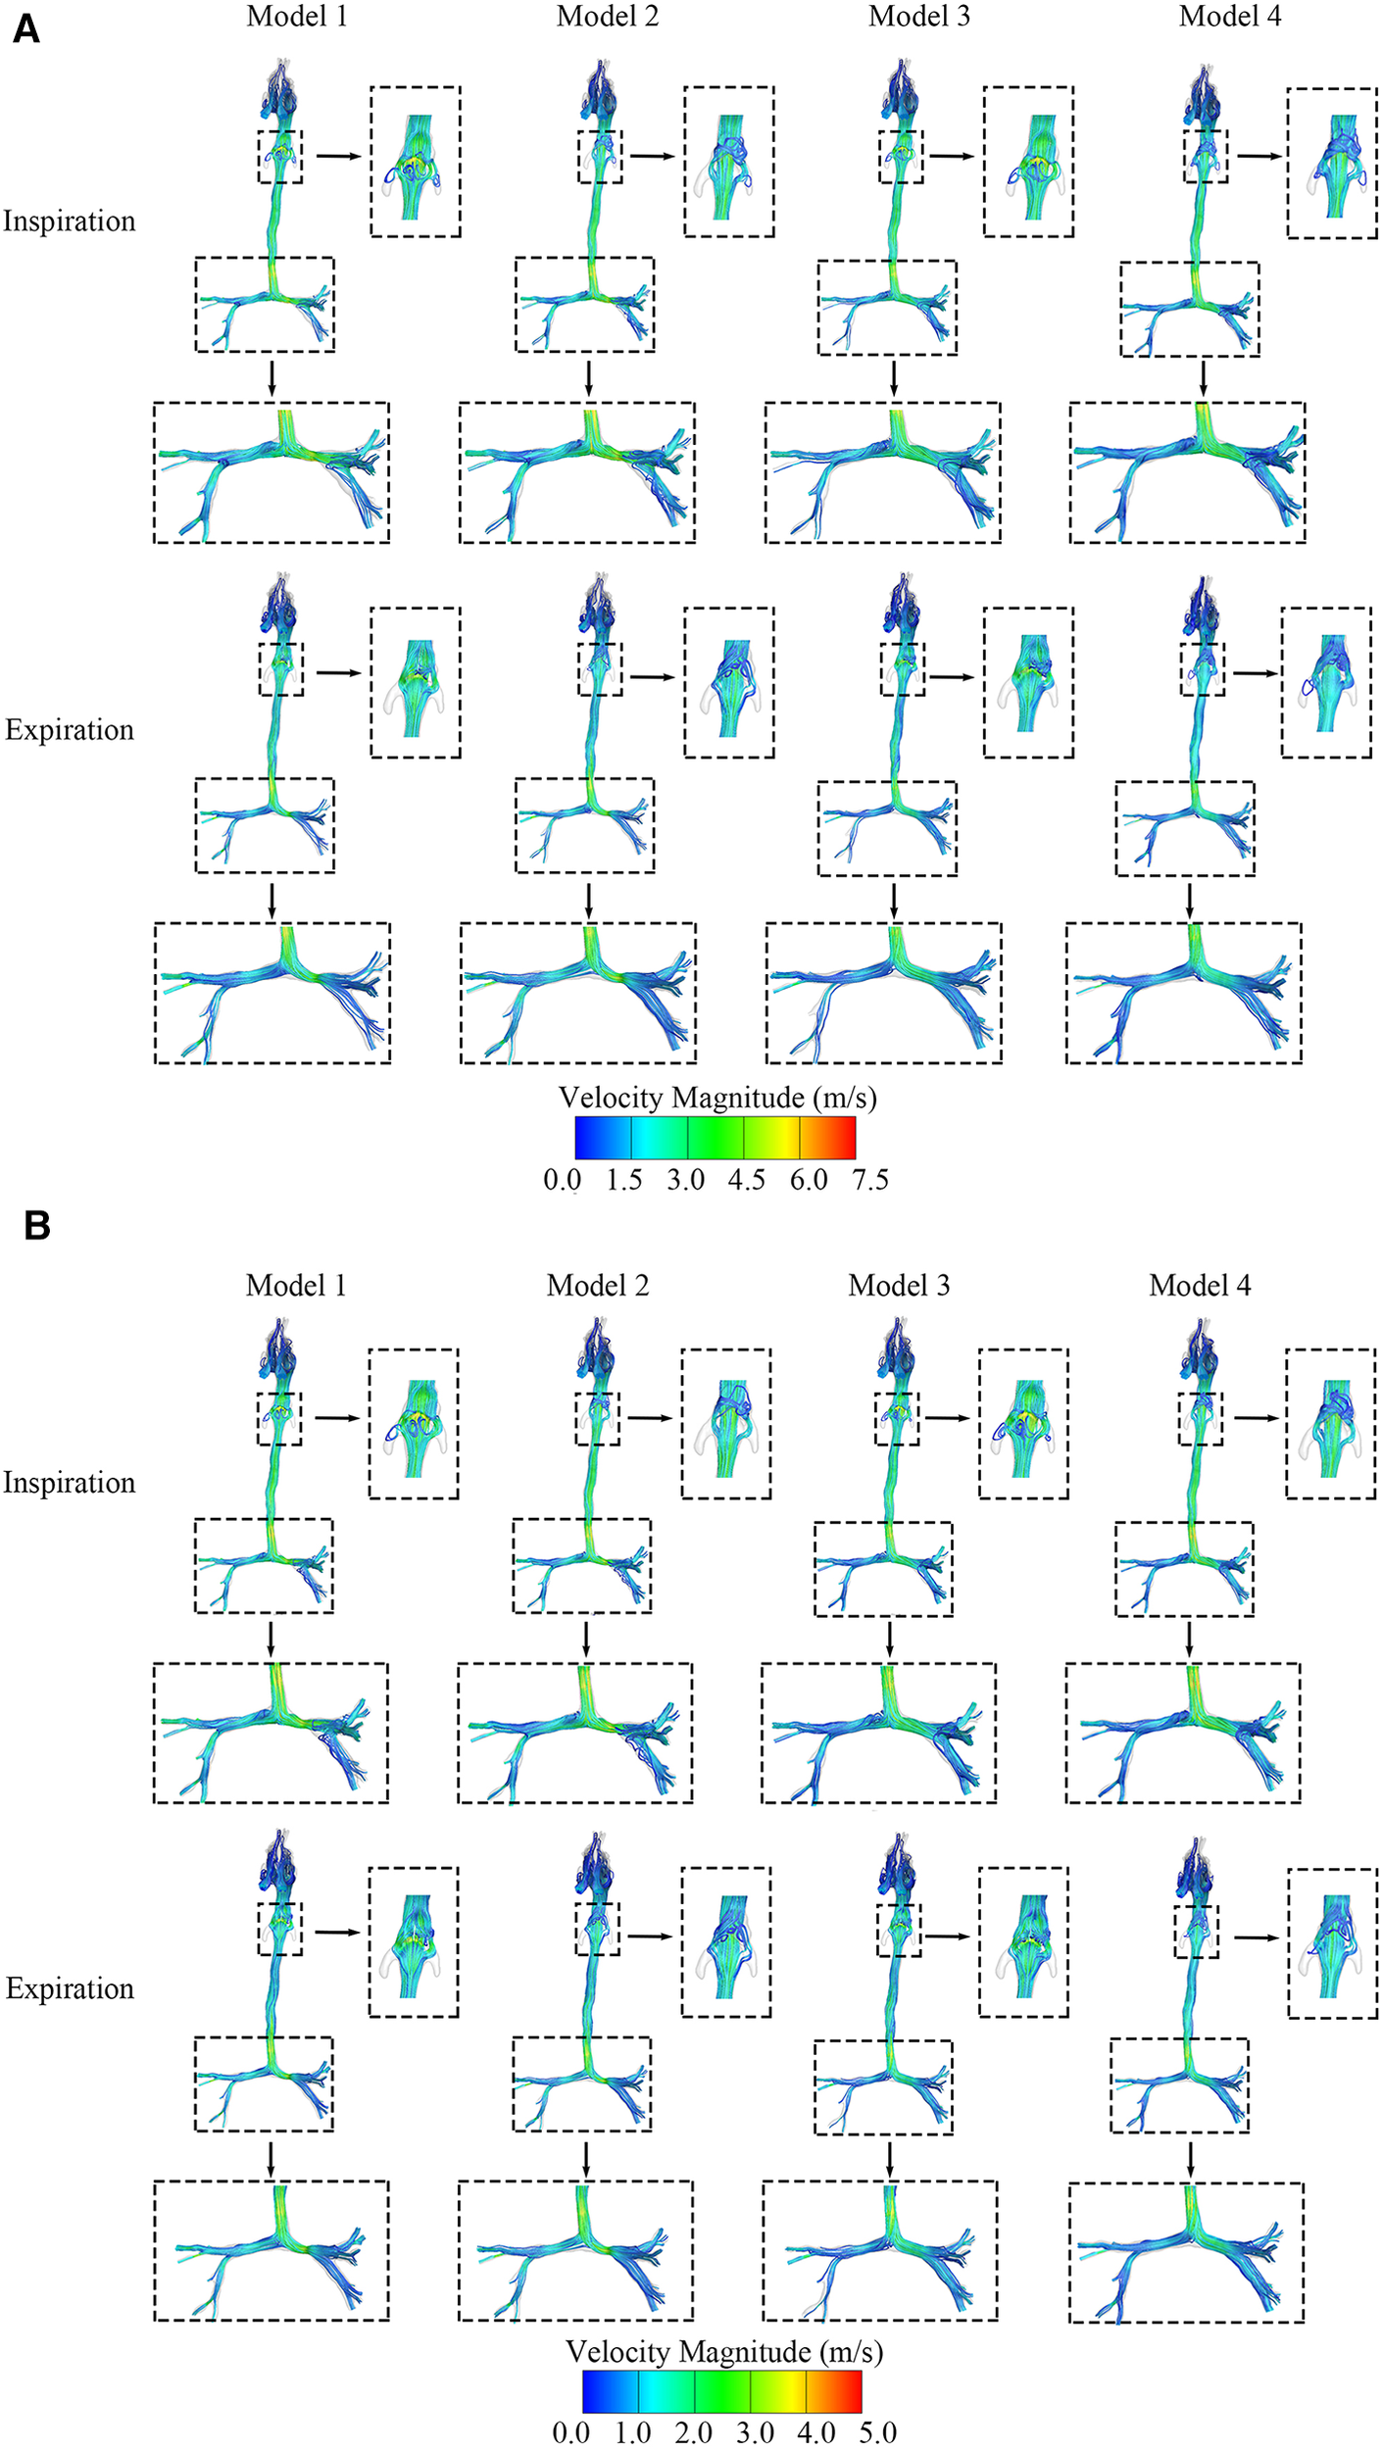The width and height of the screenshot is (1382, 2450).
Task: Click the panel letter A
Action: click(26, 29)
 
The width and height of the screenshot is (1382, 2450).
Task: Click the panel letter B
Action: click(36, 1225)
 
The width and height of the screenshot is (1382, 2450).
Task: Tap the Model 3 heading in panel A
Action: click(918, 17)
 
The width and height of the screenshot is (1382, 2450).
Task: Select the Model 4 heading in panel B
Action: click(1200, 1285)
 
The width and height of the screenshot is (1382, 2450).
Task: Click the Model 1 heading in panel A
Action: click(297, 17)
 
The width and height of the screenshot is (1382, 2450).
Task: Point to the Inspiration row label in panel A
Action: click(70, 221)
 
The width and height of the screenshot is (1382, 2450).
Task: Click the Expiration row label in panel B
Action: click(70, 1988)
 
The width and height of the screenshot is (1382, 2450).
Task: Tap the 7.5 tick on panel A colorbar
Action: click(869, 1180)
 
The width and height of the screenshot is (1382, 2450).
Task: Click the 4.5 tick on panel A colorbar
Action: click(746, 1180)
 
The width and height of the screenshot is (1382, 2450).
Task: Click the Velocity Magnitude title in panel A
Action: click(717, 1098)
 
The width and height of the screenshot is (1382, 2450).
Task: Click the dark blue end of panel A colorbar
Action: click(584, 1138)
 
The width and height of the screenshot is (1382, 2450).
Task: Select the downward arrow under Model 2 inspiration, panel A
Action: click(588, 378)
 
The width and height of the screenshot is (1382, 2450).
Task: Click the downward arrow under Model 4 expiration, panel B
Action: click(1190, 2158)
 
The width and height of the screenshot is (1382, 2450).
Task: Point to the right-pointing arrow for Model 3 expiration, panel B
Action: click(947, 1935)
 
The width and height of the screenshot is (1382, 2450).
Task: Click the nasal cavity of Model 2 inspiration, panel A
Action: click(599, 93)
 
